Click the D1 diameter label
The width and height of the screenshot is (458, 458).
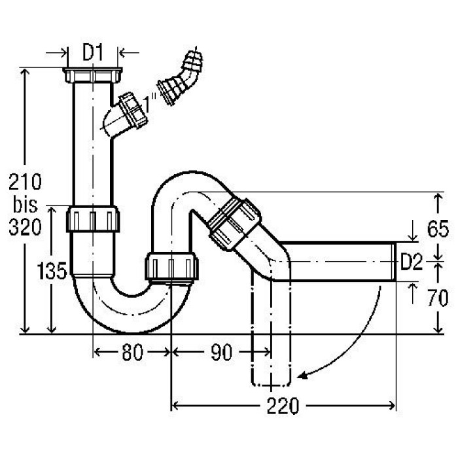[x=93, y=53]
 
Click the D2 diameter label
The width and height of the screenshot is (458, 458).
[x=412, y=262]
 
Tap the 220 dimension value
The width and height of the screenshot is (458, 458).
[x=283, y=406]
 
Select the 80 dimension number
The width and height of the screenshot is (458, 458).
[x=133, y=352]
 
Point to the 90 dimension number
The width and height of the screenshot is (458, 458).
[x=221, y=352]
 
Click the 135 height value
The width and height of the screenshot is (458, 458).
[x=52, y=271]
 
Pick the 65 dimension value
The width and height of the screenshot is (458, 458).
[x=438, y=229]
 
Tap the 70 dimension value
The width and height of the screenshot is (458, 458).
[x=438, y=298]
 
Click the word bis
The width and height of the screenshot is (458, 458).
[x=25, y=204]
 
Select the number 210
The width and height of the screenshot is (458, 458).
[x=25, y=182]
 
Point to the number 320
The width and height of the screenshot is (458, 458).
[x=25, y=227]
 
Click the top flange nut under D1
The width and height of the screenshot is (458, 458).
[x=93, y=75]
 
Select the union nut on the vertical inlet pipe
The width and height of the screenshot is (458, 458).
[x=93, y=219]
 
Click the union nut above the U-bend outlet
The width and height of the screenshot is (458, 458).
[x=171, y=267]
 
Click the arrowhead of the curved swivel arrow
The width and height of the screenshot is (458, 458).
[x=302, y=376]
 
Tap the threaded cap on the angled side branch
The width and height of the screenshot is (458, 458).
[x=133, y=110]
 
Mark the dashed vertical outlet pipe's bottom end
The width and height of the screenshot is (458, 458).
[x=271, y=385]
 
